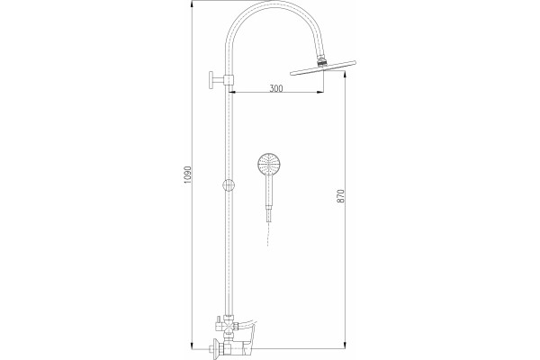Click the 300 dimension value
pos(276,88)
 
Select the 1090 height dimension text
pos(187,175)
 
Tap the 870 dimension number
pos(340,195)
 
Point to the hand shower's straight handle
pos(269,190)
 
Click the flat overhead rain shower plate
pos(323,67)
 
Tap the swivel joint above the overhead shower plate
pos(321,62)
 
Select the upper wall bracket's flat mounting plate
pos(211,81)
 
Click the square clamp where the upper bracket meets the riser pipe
pos(229,81)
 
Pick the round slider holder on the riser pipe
pos(229,185)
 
